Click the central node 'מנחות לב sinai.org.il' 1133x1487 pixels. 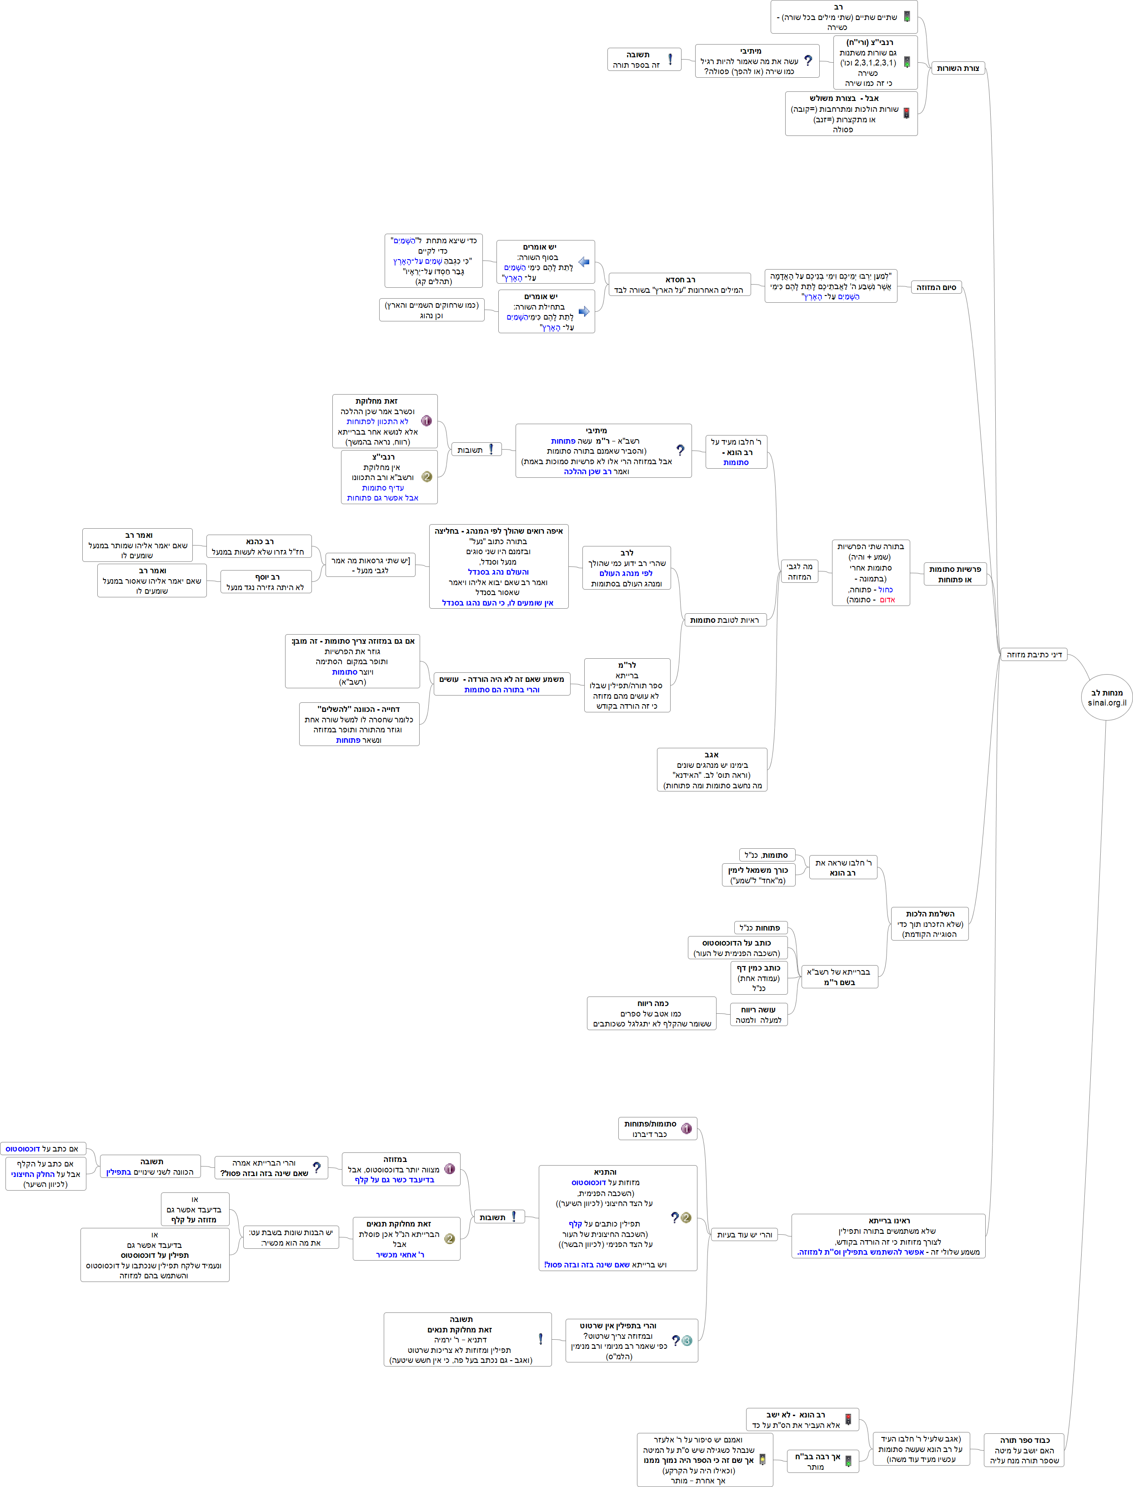coord(1106,697)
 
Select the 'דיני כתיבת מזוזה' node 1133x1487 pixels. coord(1033,654)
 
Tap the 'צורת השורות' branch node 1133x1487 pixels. coord(958,68)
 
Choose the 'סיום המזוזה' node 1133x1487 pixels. coord(936,287)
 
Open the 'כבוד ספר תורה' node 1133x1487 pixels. coord(1024,1450)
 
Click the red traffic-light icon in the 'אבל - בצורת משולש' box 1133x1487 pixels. coord(907,113)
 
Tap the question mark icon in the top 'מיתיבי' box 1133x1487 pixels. coord(808,61)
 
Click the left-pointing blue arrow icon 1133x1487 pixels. coord(584,262)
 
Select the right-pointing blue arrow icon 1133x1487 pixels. coord(584,311)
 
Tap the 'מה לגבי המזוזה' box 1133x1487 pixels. coord(799,571)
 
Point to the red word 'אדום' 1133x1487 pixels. coord(887,600)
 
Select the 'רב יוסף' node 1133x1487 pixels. coord(266,582)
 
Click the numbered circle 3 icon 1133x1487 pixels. coord(687,1341)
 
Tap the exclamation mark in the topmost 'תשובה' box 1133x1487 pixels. coord(670,60)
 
